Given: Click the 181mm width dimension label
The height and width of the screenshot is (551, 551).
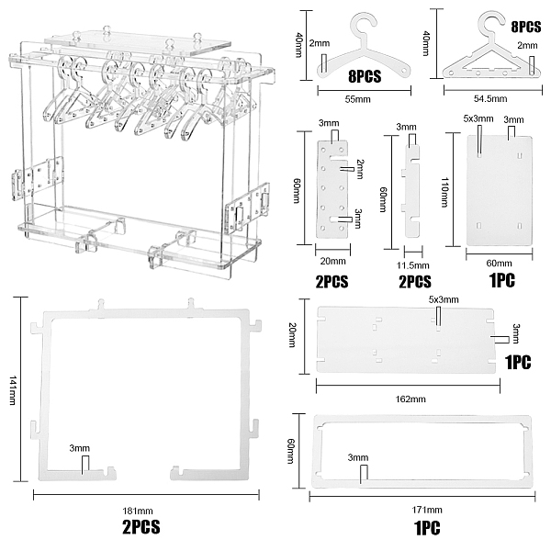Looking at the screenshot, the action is pyautogui.click(x=138, y=511).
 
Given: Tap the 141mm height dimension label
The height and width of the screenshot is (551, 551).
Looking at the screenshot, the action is pyautogui.click(x=13, y=390).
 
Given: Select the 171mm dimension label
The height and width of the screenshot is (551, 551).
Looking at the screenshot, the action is pyautogui.click(x=427, y=510).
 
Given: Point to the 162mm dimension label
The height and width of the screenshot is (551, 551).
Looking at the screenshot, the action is pyautogui.click(x=410, y=399).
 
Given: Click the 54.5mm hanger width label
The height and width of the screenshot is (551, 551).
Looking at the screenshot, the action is pyautogui.click(x=490, y=98).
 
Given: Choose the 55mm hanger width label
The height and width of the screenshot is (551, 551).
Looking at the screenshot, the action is pyautogui.click(x=357, y=99).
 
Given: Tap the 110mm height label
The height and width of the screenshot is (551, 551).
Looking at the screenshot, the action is pyautogui.click(x=444, y=192).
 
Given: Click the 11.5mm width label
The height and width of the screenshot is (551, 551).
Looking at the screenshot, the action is pyautogui.click(x=413, y=265).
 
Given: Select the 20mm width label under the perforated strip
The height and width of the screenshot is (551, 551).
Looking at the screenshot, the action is pyautogui.click(x=332, y=261).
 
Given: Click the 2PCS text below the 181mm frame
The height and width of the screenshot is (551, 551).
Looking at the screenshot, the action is pyautogui.click(x=141, y=527).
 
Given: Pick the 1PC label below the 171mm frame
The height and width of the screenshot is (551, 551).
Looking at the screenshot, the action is pyautogui.click(x=427, y=528).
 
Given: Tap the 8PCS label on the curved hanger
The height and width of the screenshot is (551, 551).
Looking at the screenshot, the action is pyautogui.click(x=365, y=76).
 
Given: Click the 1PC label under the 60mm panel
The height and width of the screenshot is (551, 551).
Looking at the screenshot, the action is pyautogui.click(x=501, y=280).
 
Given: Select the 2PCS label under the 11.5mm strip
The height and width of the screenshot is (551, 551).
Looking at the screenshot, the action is pyautogui.click(x=415, y=282).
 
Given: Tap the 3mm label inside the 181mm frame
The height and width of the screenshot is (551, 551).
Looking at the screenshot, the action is pyautogui.click(x=79, y=448).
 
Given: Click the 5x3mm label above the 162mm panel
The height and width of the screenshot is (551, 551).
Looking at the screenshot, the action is pyautogui.click(x=444, y=299).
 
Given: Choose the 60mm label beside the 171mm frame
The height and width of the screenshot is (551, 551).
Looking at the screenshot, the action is pyautogui.click(x=291, y=451).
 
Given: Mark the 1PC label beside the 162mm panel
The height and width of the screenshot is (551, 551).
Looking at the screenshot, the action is pyautogui.click(x=518, y=363).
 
